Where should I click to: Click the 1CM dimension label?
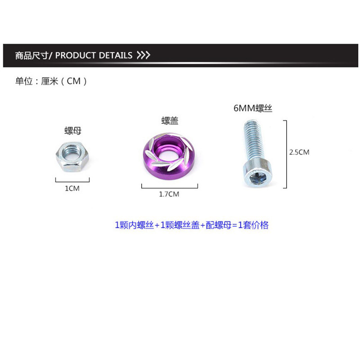[x=72, y=189]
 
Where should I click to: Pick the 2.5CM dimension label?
[x=299, y=152]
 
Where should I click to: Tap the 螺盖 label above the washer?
[x=169, y=121]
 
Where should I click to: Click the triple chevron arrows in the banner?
[x=143, y=55]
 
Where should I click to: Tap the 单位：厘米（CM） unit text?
[x=50, y=81]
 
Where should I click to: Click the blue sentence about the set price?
[x=192, y=225]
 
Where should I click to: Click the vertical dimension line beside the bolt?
[x=285, y=153]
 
